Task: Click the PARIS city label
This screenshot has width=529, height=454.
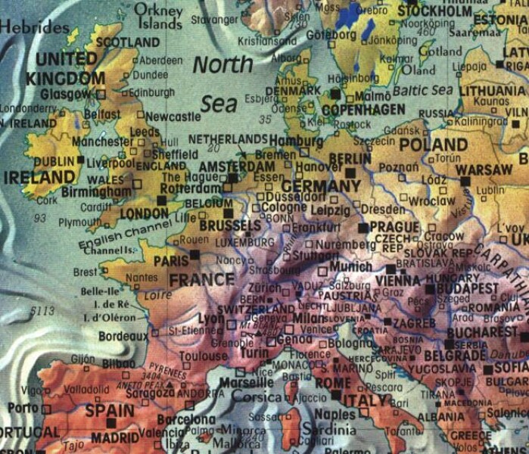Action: (x=170, y=260)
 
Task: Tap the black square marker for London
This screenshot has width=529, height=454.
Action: (x=161, y=201)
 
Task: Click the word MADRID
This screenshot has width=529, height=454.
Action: (x=115, y=437)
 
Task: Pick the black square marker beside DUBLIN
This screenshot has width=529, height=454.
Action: (x=81, y=160)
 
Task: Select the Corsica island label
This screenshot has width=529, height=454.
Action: (x=256, y=396)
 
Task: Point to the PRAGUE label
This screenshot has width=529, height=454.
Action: (x=394, y=226)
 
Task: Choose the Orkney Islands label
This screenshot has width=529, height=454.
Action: (x=160, y=17)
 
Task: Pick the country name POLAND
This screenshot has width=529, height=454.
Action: (x=433, y=144)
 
